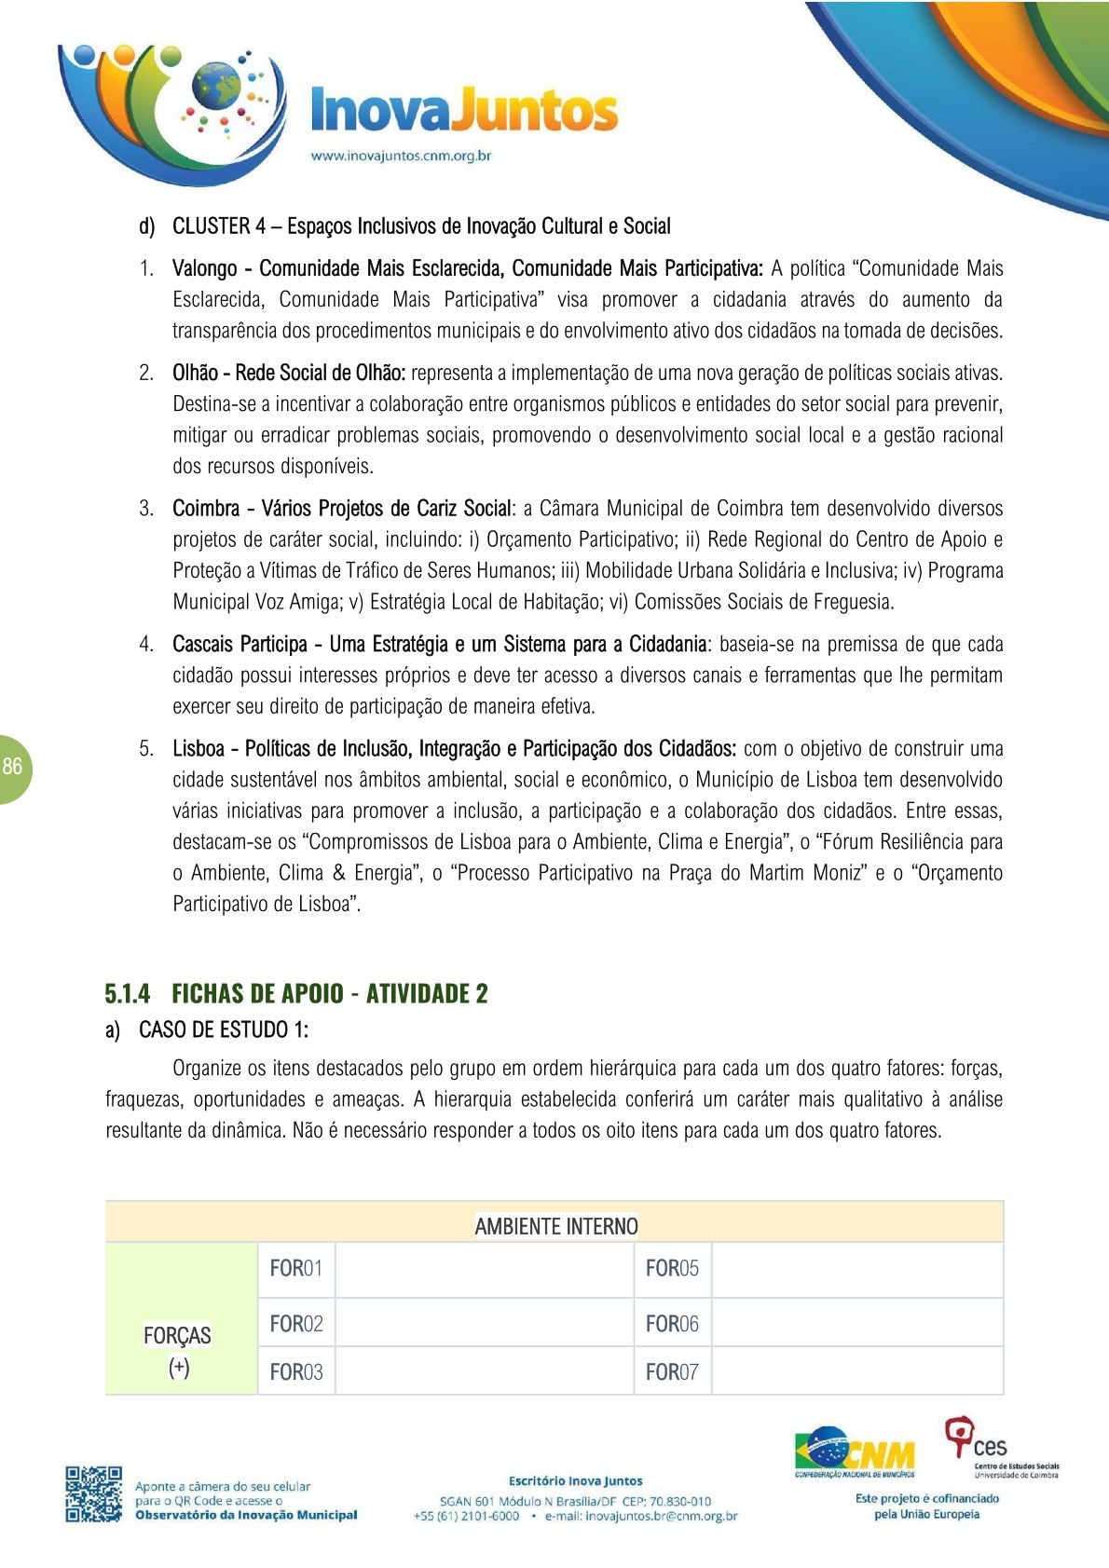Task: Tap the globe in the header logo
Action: click(215, 86)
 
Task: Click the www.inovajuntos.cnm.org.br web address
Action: click(401, 156)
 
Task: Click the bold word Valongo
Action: click(205, 269)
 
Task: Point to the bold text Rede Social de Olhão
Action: click(320, 374)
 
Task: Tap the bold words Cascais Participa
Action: click(240, 645)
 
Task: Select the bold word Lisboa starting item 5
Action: click(199, 749)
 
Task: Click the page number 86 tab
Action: click(13, 768)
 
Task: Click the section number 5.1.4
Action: click(127, 993)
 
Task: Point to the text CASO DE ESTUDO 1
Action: click(223, 1030)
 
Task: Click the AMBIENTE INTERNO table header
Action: click(555, 1226)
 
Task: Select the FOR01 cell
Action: click(295, 1269)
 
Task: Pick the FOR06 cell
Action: click(671, 1324)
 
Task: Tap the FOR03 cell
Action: click(295, 1372)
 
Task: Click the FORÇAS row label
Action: click(177, 1336)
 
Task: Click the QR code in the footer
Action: click(93, 1494)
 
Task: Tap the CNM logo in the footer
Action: click(856, 1452)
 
